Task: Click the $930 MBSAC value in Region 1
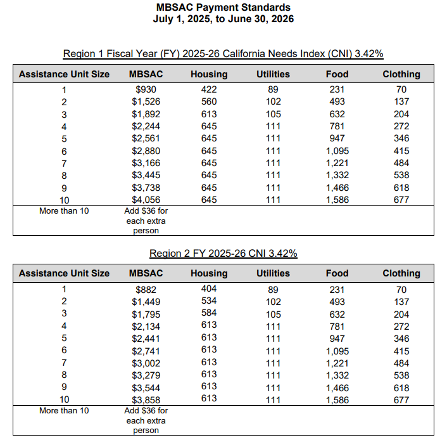[146, 90]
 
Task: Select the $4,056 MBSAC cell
[146, 200]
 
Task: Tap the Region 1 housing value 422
[208, 90]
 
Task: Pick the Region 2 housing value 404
[208, 289]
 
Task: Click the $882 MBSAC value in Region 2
[146, 290]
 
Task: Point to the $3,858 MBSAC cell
[146, 400]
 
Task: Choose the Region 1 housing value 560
[208, 101]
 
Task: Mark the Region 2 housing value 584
[208, 314]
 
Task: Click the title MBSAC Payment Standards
[223, 8]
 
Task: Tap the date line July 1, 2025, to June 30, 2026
[223, 19]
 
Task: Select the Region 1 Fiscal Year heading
[223, 53]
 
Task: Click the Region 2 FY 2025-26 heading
[223, 254]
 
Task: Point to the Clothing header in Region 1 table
[401, 74]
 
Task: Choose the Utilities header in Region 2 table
[273, 273]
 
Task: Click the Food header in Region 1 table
[337, 74]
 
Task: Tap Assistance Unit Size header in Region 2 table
[64, 273]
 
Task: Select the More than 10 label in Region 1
[64, 211]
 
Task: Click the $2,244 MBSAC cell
[146, 126]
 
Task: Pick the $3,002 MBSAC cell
[146, 363]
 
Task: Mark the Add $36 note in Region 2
[146, 420]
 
